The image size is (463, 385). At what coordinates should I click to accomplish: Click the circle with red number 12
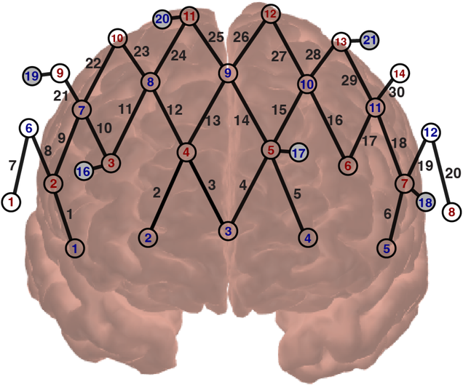(270, 14)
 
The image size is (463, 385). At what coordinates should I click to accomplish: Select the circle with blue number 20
(163, 17)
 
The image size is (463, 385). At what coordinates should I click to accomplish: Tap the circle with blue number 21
(370, 40)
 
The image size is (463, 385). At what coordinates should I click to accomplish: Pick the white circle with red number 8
(452, 212)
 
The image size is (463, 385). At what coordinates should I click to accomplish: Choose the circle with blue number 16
(84, 172)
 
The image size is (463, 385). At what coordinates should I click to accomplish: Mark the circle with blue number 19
(31, 76)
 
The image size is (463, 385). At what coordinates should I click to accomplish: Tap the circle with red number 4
(187, 152)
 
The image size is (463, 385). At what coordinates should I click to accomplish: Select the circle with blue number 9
(228, 74)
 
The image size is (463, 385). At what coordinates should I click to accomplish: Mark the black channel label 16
(334, 120)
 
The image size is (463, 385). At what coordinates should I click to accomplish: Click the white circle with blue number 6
(28, 129)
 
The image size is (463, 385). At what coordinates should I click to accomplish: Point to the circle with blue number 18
(424, 202)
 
